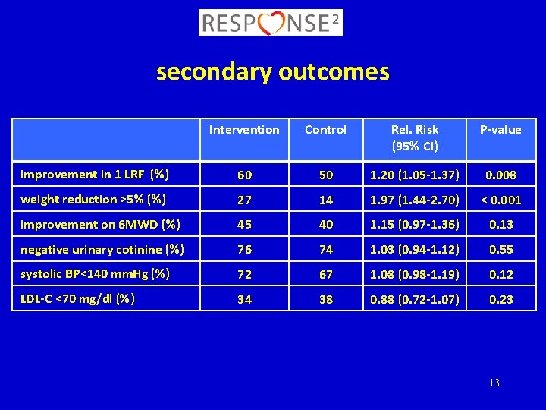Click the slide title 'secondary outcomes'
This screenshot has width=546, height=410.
(272, 72)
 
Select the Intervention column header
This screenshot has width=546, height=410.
(244, 130)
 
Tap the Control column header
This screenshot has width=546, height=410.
(325, 130)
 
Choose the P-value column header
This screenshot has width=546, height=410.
(500, 130)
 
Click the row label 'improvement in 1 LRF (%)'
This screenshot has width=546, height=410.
(95, 175)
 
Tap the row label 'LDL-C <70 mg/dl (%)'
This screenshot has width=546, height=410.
(78, 298)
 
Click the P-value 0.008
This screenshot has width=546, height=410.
(500, 175)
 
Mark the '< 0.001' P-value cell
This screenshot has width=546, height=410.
(500, 200)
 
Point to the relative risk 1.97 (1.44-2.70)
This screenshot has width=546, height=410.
(414, 200)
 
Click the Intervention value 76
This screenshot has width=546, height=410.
(244, 249)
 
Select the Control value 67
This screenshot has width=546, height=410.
(325, 274)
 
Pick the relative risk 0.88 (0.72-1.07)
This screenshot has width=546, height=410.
(414, 299)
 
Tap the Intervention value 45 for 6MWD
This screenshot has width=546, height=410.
(244, 225)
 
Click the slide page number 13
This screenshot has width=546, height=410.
(494, 383)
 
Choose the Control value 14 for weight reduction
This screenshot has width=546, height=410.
(325, 200)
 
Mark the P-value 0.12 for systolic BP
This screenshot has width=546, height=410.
(500, 274)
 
